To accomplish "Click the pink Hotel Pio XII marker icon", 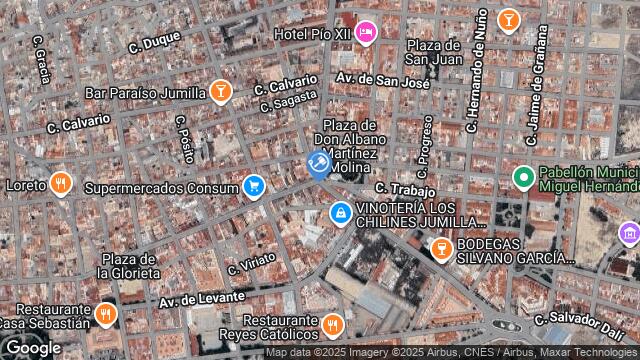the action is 366,33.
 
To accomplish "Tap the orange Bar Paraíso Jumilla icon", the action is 221,93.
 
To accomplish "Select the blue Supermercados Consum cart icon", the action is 254,186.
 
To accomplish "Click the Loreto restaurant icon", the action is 61,184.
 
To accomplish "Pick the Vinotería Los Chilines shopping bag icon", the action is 341,213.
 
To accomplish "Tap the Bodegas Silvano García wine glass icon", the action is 439,246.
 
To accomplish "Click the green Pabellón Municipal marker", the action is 522,178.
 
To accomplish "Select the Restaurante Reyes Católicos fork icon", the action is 332,324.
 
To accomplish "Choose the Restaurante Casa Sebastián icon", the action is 106,315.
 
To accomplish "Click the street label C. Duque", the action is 154,42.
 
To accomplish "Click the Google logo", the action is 32,347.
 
